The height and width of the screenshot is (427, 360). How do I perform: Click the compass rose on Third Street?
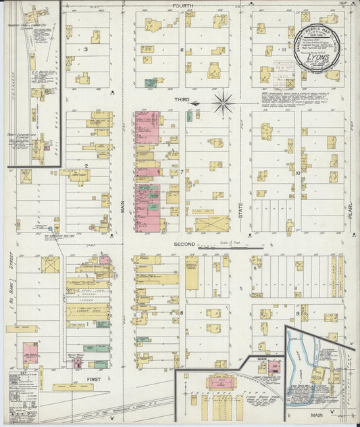(223, 103)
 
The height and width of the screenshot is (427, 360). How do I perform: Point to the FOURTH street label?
(182, 5)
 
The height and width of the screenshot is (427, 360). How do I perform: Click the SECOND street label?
(183, 243)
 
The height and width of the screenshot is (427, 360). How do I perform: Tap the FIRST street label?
(93, 381)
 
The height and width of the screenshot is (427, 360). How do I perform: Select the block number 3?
(86, 49)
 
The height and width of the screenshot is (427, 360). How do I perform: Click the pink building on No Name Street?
(30, 352)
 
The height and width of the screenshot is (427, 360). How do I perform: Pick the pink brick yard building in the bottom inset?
(274, 367)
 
